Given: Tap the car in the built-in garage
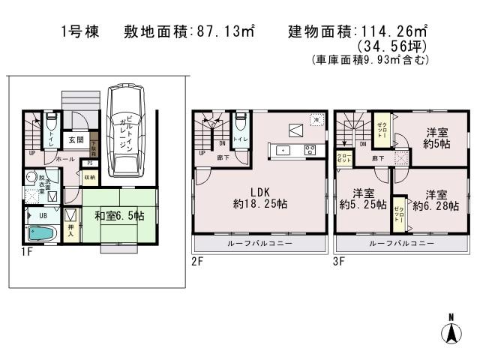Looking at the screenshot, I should click(x=125, y=132).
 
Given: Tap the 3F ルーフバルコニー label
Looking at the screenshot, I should click(x=401, y=244).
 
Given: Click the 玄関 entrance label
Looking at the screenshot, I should click(x=76, y=139).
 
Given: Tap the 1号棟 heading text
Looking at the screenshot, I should click(x=79, y=32).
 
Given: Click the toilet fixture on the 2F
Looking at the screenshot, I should click(x=240, y=123).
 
